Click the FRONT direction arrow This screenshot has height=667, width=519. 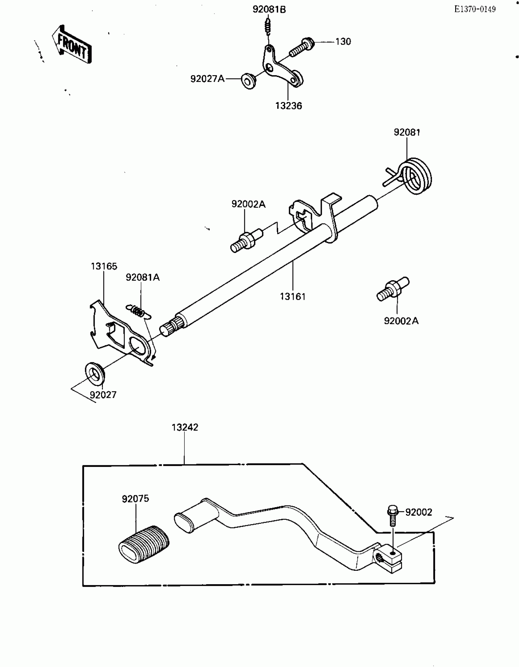point(72,45)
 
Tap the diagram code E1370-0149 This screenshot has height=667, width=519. point(475,9)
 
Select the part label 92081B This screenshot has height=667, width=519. point(269,10)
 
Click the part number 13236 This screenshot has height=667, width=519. point(289,106)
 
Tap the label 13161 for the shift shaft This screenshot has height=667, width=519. point(292,296)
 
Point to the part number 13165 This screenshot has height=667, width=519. point(104,266)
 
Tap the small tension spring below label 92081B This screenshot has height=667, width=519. point(268,26)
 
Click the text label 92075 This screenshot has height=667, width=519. point(135,499)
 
